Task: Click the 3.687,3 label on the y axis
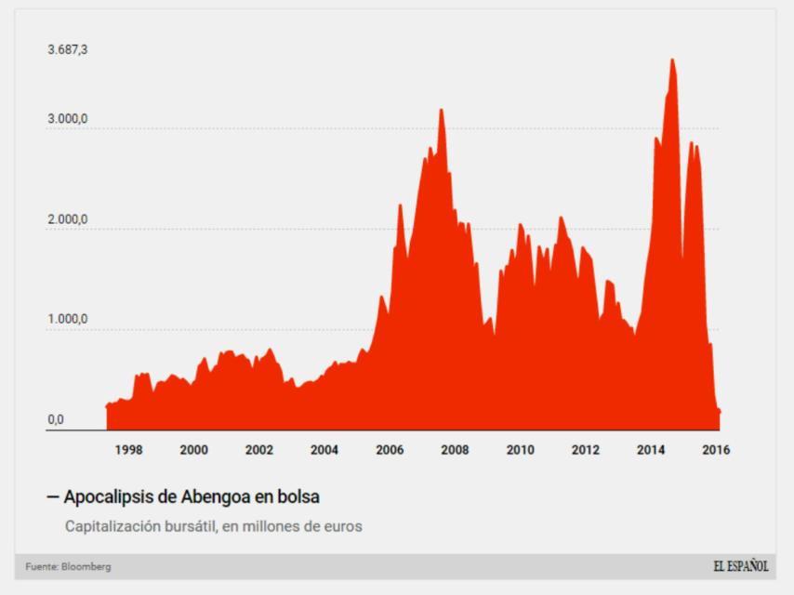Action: click(x=68, y=49)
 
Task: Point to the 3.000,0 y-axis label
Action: click(x=68, y=120)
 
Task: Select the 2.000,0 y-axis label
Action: click(x=68, y=219)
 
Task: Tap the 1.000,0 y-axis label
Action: click(x=68, y=320)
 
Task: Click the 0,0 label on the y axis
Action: click(x=56, y=420)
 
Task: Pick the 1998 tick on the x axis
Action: click(x=128, y=450)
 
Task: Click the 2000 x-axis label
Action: click(x=193, y=450)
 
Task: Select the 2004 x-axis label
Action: click(x=324, y=450)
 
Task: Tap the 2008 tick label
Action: click(x=455, y=450)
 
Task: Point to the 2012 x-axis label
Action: click(x=585, y=450)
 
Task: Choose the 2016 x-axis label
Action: click(x=715, y=450)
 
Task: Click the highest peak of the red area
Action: click(x=672, y=60)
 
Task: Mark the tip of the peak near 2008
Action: click(x=441, y=110)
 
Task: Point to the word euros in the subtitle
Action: click(x=340, y=526)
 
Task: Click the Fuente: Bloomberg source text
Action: click(x=68, y=567)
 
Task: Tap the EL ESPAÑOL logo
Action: click(x=741, y=567)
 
